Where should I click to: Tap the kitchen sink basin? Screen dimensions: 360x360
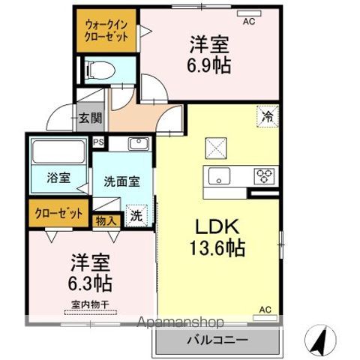point(219,177)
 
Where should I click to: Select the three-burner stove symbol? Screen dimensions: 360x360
point(264,177)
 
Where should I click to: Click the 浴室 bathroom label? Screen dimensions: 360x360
point(59,178)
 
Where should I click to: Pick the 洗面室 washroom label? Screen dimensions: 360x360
point(121,181)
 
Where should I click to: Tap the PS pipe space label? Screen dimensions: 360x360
point(98,142)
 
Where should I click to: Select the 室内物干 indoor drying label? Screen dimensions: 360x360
point(90,304)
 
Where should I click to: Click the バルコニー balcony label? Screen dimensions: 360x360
point(217,340)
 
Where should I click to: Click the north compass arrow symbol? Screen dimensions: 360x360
point(320,339)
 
